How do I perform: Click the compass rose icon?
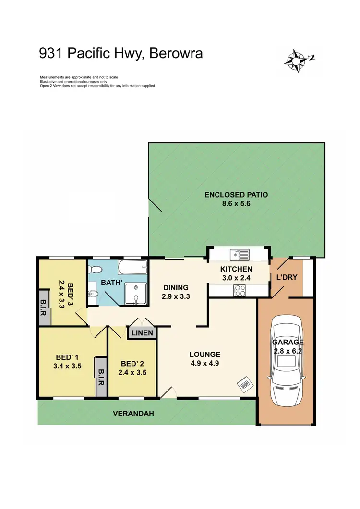298,61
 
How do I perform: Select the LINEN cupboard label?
142,333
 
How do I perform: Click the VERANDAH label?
133,414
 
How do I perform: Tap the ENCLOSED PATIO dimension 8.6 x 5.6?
236,203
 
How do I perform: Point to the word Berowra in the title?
176,54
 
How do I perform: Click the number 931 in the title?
52,54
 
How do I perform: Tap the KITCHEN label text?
236,269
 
